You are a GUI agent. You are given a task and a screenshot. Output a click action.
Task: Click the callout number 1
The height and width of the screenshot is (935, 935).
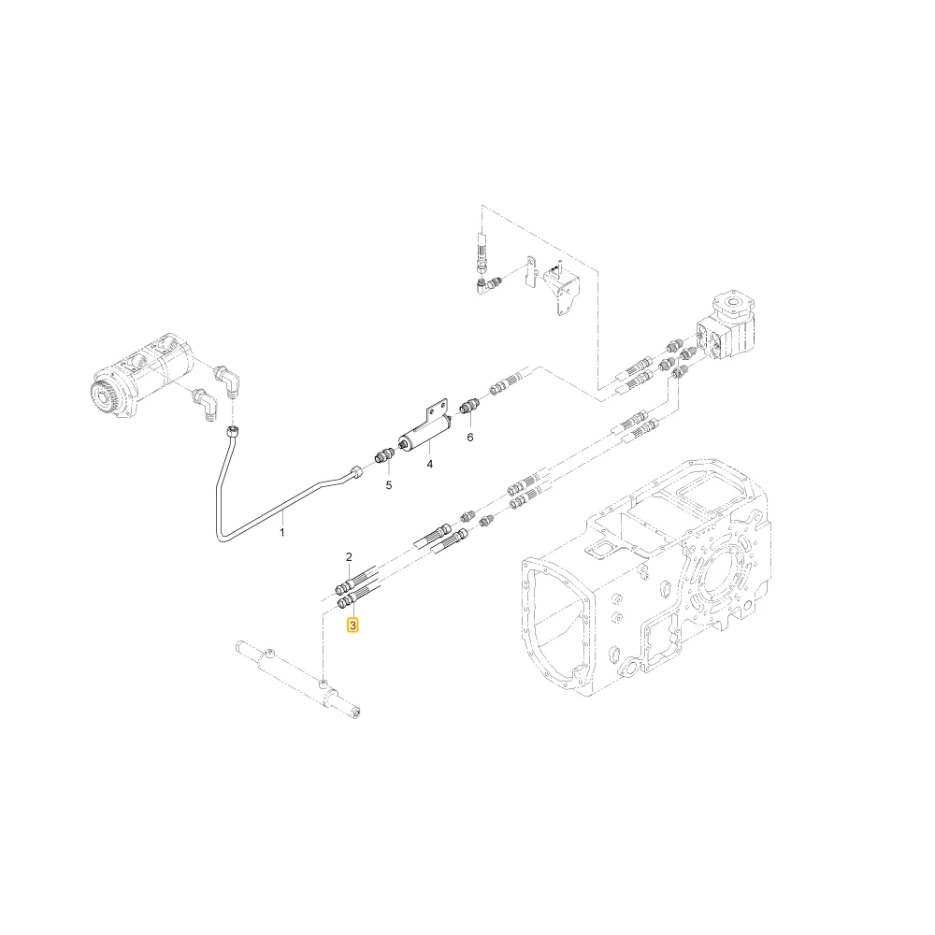coord(282,531)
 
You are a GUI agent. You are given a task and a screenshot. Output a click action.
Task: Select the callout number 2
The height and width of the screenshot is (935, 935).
coord(349,557)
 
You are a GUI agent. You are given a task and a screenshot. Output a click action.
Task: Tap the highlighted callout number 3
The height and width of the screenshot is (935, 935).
coord(353,625)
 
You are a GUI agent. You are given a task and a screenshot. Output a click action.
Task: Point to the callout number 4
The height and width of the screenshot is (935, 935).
coord(429,464)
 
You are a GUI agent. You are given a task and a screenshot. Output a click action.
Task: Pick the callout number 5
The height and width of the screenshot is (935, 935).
coord(389,485)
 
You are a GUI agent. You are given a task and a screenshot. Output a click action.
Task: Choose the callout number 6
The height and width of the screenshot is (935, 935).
coord(470,438)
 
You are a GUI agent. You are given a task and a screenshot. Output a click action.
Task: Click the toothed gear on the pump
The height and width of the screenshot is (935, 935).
coord(106,399)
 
